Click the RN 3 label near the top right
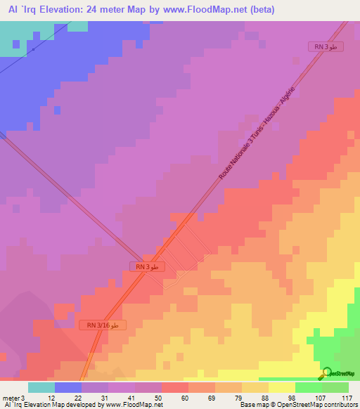[326, 46]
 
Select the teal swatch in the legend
[41, 387]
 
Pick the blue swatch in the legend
[68, 387]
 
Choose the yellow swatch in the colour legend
[282, 387]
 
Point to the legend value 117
[346, 398]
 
